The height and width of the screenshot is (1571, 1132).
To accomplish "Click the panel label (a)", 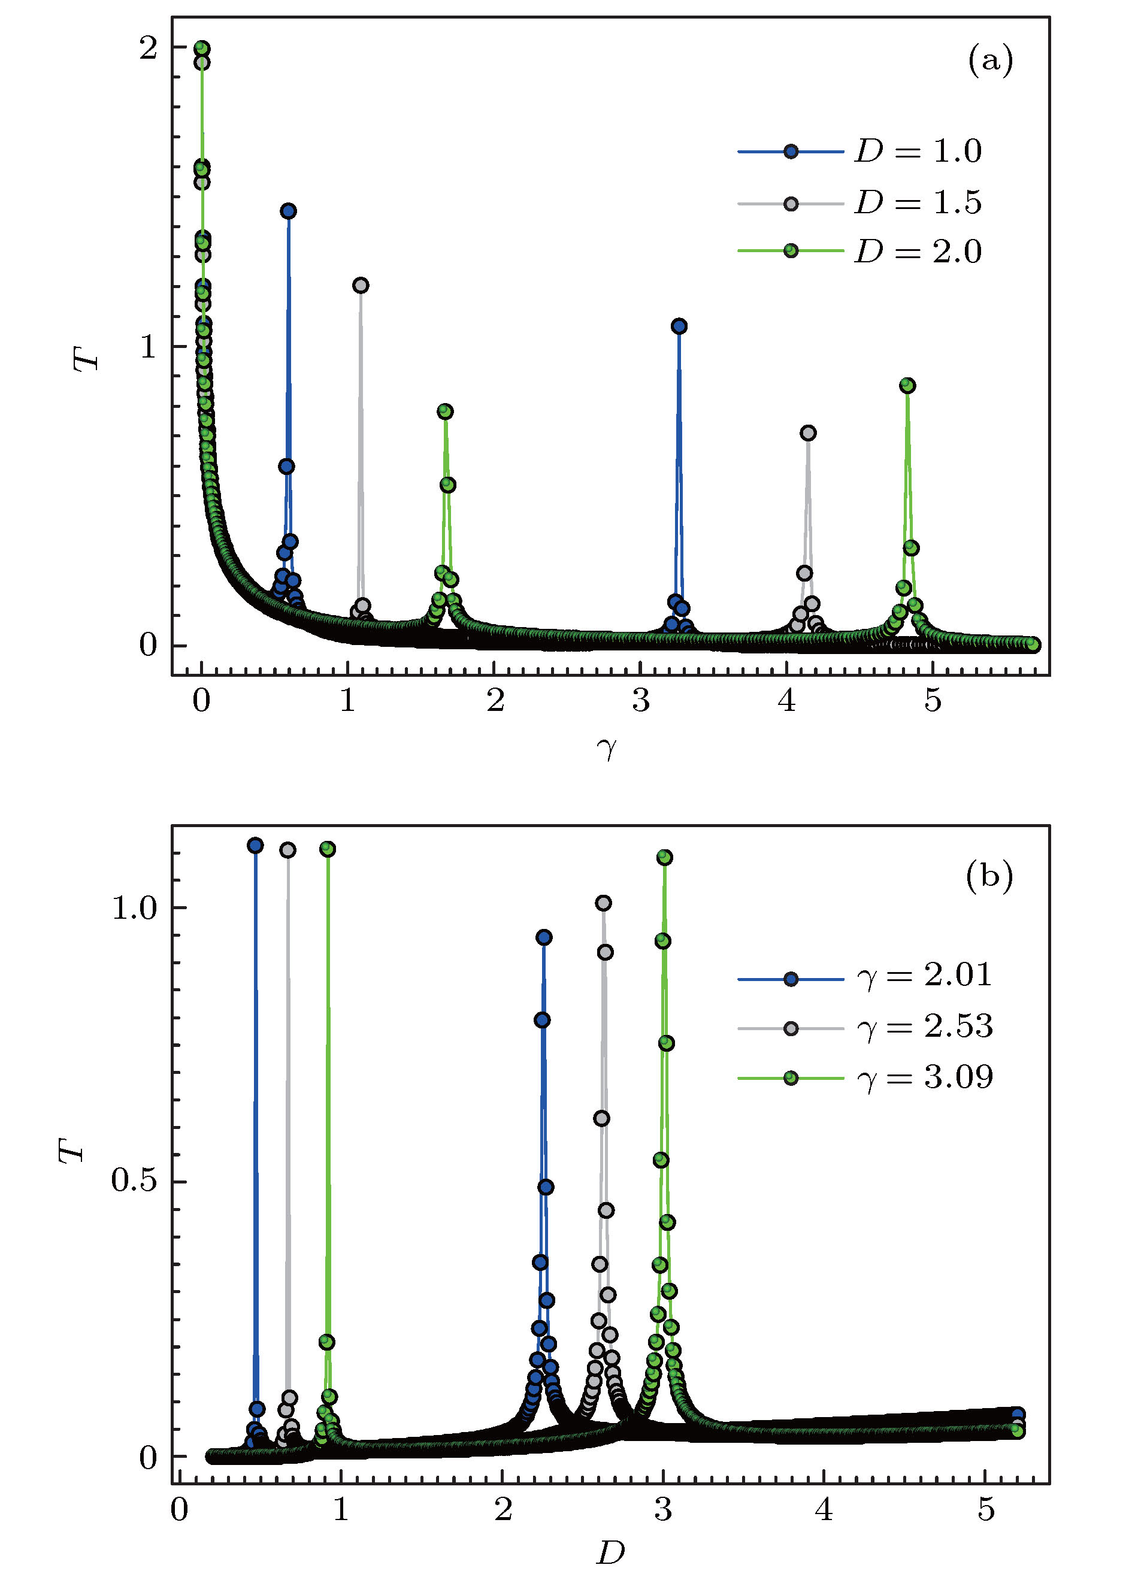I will [989, 60].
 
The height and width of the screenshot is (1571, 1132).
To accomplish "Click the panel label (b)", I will [989, 876].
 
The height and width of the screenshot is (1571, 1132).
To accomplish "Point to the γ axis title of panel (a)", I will [606, 748].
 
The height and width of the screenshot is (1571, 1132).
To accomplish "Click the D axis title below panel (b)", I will [610, 1553].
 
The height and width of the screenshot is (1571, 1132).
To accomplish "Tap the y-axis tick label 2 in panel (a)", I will [147, 49].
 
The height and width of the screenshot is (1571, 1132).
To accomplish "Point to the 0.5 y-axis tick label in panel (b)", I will [134, 1182].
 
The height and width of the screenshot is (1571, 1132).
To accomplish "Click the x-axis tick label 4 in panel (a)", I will [787, 701].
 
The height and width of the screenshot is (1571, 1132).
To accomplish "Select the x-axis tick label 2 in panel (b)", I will [503, 1509].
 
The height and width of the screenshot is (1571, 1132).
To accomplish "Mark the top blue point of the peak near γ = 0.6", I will [289, 211].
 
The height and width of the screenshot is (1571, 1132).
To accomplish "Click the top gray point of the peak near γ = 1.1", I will [360, 285].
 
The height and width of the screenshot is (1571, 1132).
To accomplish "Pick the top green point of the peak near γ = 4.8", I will [907, 386].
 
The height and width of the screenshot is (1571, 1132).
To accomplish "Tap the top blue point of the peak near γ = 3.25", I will [679, 326].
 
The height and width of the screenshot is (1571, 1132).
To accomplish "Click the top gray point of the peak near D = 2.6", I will [603, 903].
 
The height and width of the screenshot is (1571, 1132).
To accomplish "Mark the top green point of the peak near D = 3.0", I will [664, 858].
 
